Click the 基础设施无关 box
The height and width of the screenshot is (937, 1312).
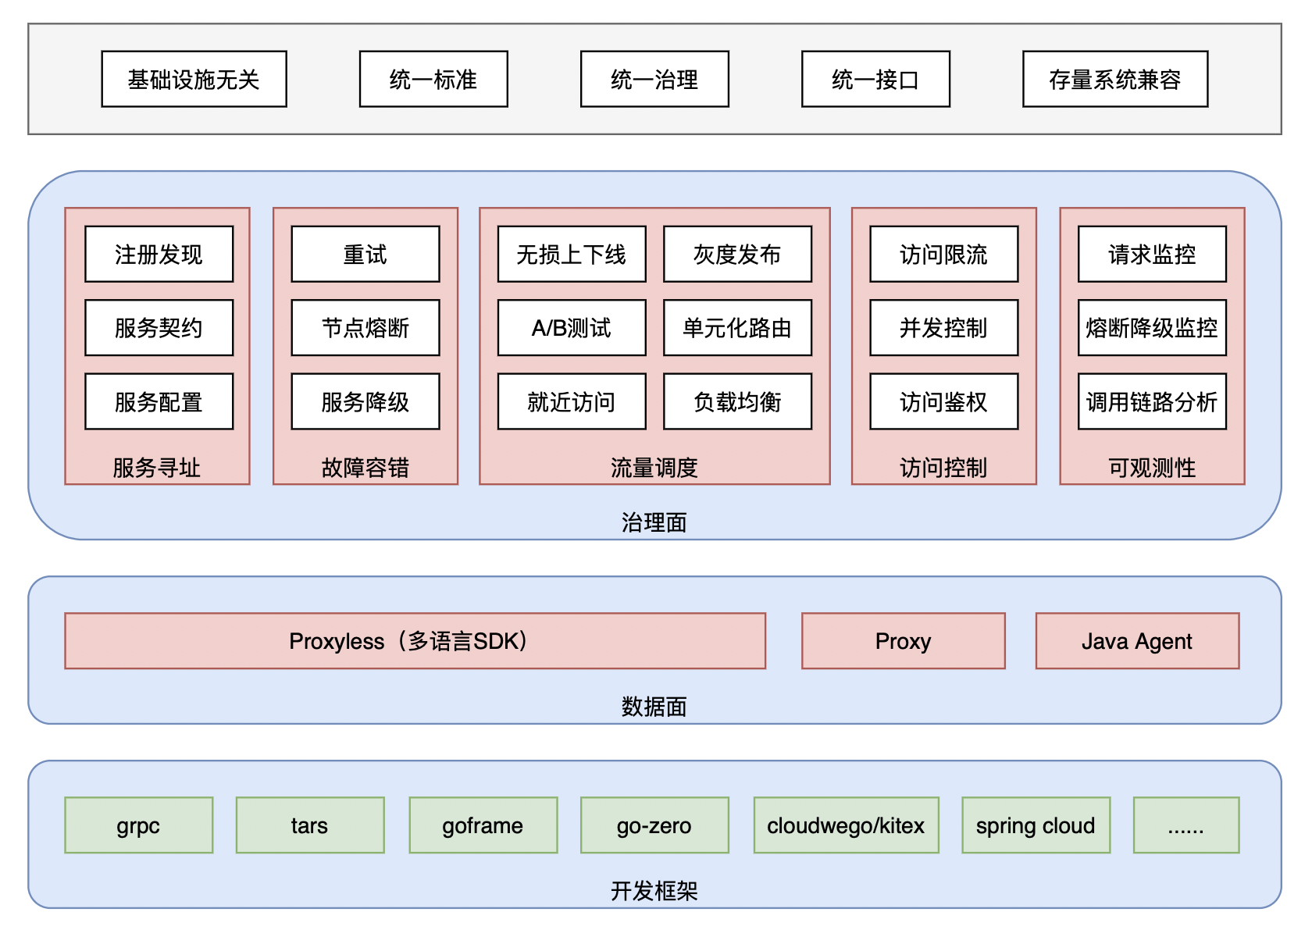tap(194, 79)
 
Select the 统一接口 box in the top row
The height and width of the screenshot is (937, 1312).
tap(875, 79)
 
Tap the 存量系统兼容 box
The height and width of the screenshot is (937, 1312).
tap(1115, 79)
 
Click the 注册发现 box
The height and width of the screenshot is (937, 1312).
tap(159, 255)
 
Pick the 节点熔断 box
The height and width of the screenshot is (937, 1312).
tap(365, 328)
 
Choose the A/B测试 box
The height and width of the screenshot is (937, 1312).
tap(572, 328)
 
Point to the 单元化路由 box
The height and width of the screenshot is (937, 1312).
tap(737, 328)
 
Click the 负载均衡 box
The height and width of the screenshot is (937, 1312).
tap(737, 401)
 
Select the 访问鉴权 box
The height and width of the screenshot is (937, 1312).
tap(943, 401)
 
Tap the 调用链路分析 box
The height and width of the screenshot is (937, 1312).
tap(1152, 401)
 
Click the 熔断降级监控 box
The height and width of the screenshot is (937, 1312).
tap(1152, 328)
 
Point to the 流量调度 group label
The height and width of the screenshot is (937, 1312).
tap(654, 468)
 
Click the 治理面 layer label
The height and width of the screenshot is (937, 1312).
tap(654, 522)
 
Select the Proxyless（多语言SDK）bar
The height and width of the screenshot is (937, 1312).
tap(415, 641)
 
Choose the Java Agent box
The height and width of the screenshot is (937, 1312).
tap(1137, 641)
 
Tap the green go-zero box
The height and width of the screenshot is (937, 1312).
tap(654, 825)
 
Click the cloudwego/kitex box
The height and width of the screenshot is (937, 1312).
tap(847, 825)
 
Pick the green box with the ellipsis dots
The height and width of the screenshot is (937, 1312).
tap(1186, 825)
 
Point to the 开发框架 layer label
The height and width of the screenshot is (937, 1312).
tap(654, 892)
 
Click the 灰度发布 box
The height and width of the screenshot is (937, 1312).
tap(737, 255)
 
